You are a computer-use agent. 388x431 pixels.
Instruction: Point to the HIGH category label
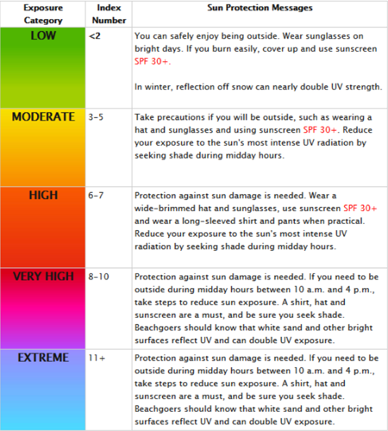[42, 196]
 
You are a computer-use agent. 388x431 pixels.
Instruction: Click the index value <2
[94, 38]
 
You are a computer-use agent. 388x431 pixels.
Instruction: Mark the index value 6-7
[97, 196]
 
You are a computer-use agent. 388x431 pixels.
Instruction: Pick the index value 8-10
[100, 278]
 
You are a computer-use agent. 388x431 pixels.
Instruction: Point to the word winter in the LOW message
[157, 87]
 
